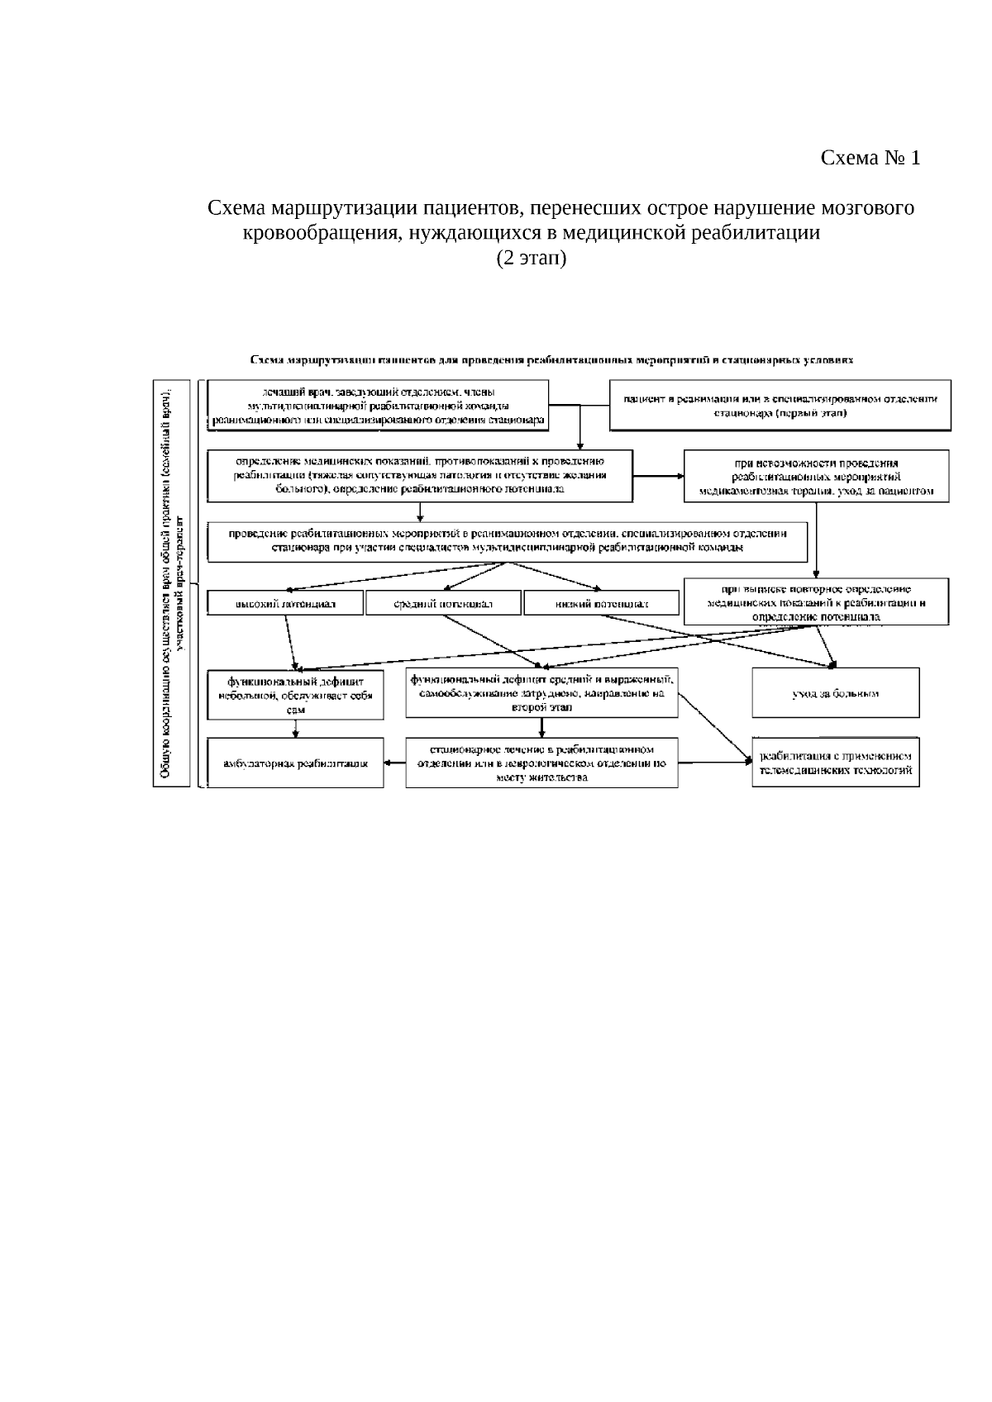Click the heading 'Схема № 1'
870,158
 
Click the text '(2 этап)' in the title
531,259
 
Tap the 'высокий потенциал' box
285,603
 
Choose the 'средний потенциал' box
443,603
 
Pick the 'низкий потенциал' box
601,603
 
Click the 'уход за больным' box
835,692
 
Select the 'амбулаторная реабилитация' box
295,763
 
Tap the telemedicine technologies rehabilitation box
835,763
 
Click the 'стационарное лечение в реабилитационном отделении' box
541,763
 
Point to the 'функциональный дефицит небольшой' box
295,695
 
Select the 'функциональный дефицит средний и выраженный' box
541,692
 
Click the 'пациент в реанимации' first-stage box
780,405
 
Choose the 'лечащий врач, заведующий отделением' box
378,405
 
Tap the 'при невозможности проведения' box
816,476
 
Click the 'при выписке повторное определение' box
816,601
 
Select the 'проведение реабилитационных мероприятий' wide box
508,540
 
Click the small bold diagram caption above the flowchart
551,360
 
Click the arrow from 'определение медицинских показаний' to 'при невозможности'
659,476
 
